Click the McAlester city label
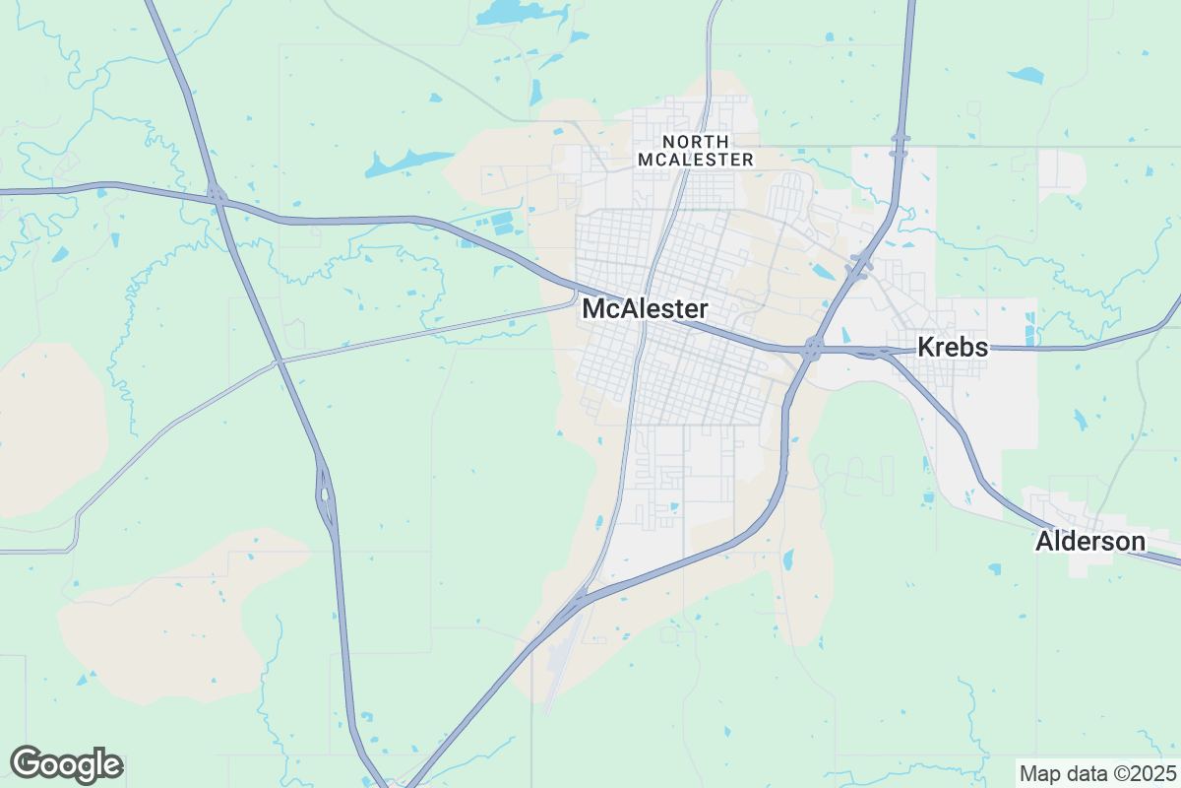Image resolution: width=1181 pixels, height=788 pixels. (x=645, y=309)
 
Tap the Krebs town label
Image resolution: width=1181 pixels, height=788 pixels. (x=953, y=347)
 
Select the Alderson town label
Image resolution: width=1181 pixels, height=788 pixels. (x=1090, y=541)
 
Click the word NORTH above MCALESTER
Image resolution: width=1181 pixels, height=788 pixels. (x=697, y=142)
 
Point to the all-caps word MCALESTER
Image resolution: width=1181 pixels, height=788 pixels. (x=696, y=159)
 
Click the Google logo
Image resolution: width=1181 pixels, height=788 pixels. (x=66, y=764)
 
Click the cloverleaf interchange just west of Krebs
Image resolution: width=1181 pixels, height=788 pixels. (x=813, y=347)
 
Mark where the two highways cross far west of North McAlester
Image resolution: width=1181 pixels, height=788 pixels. (x=218, y=196)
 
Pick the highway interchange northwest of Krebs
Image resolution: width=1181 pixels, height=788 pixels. (x=860, y=263)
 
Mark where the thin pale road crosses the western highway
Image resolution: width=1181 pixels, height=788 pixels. (x=280, y=362)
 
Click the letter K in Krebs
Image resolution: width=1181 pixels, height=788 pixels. (x=926, y=347)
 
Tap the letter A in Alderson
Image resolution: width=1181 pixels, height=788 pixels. (x=1044, y=541)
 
